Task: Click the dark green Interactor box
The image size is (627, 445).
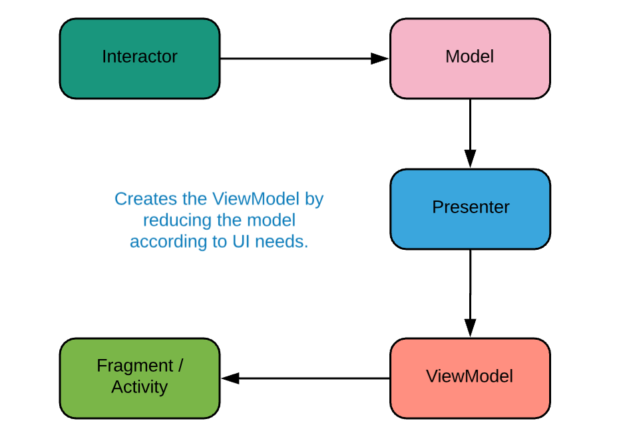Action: pyautogui.click(x=140, y=59)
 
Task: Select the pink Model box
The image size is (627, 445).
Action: pyautogui.click(x=470, y=59)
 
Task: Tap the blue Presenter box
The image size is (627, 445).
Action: pyautogui.click(x=470, y=209)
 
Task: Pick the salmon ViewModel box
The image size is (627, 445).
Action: pyautogui.click(x=470, y=378)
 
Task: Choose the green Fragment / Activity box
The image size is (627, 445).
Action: pyautogui.click(x=140, y=378)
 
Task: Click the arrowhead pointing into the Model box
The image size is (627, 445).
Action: pyautogui.click(x=379, y=59)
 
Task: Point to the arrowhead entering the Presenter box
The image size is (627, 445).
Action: pyautogui.click(x=470, y=159)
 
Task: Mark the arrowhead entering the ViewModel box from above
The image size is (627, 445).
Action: pyautogui.click(x=470, y=328)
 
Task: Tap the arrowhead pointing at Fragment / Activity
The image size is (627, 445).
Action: pyautogui.click(x=230, y=378)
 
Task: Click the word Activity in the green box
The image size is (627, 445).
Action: pyautogui.click(x=140, y=387)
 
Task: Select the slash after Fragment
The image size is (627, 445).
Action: pyautogui.click(x=181, y=365)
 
